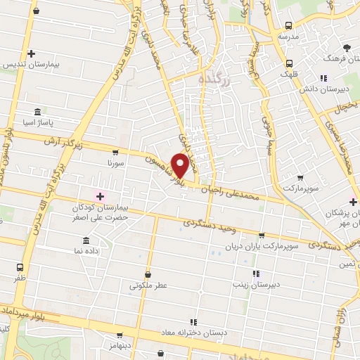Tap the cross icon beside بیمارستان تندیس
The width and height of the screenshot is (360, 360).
click(31, 53)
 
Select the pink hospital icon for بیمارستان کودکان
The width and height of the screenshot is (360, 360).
click(100, 195)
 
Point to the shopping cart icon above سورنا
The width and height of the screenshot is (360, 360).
click(115, 151)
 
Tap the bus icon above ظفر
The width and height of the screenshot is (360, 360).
click(20, 267)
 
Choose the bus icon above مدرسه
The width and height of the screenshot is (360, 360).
click(286, 23)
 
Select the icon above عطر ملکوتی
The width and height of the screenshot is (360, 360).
click(148, 274)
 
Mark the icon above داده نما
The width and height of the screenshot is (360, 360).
click(86, 240)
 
